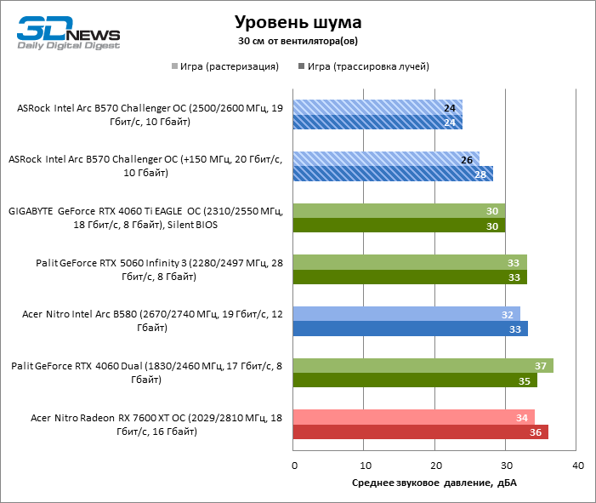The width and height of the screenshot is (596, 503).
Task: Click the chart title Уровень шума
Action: coord(298,21)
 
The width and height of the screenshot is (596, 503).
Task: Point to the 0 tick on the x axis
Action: coord(294,466)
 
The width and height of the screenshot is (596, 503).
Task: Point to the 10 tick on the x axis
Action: coord(365,466)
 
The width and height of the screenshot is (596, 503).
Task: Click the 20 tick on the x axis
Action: coord(435,466)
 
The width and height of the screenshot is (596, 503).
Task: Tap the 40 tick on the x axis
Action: coord(577,466)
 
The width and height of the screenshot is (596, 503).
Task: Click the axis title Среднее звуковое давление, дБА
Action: coord(434,483)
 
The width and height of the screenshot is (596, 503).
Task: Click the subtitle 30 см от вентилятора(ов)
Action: coord(298,40)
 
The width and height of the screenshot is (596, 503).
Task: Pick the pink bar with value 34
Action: coord(414,417)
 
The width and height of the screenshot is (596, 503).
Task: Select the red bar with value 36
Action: coord(421,432)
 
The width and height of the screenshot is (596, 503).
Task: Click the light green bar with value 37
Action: coord(423,365)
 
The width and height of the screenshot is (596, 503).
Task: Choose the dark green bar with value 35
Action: coord(416,380)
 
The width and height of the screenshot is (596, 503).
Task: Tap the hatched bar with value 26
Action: coord(386,159)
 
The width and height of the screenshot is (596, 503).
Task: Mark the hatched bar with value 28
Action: coord(393,174)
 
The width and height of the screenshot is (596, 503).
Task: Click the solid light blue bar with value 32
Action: coord(406,314)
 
